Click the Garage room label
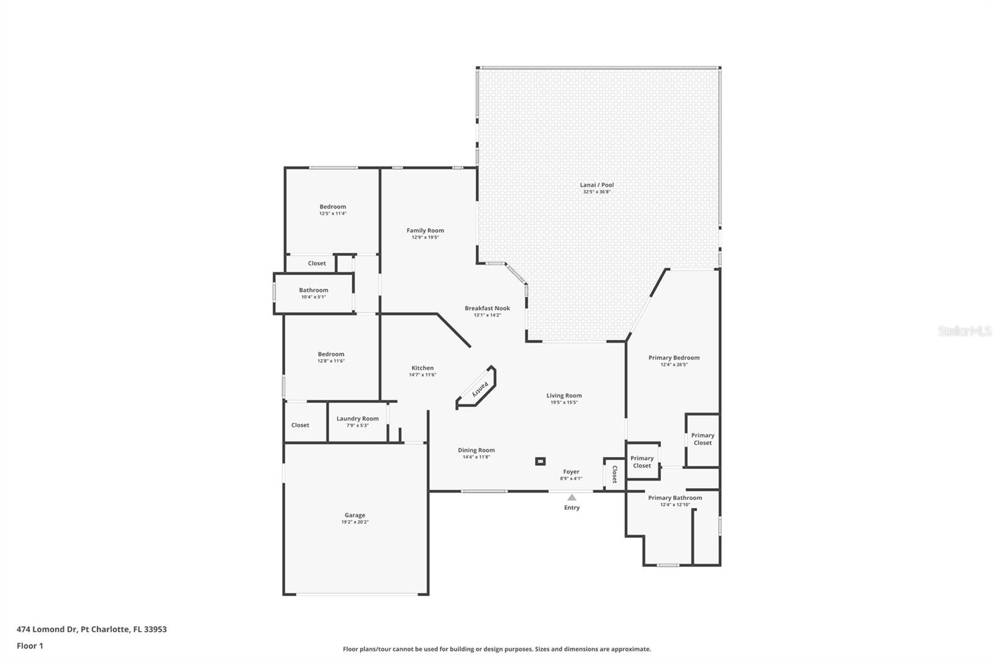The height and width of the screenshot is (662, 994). click(355, 515)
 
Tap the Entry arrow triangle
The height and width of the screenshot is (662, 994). click(572, 497)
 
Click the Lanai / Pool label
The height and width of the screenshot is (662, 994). click(596, 184)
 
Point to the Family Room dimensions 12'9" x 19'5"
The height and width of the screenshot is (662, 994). click(425, 237)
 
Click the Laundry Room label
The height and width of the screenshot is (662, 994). click(357, 419)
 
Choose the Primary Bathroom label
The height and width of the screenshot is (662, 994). click(675, 497)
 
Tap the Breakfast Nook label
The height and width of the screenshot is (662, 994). click(487, 308)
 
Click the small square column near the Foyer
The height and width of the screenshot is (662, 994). click(540, 461)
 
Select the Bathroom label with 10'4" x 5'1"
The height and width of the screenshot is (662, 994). click(313, 290)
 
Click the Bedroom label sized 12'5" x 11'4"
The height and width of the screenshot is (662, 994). click(332, 207)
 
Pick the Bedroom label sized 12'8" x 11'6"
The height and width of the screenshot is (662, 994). click(331, 354)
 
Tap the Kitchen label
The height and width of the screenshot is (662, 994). click(422, 368)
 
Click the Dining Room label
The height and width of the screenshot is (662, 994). click(476, 450)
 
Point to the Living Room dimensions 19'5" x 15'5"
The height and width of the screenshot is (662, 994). click(563, 402)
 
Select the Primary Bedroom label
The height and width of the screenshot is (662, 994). click(673, 358)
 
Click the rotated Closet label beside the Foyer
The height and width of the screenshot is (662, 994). click(615, 474)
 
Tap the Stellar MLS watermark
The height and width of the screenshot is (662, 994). click(965, 332)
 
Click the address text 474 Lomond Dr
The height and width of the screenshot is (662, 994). click(47, 629)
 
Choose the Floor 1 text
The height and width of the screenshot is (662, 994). click(30, 646)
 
